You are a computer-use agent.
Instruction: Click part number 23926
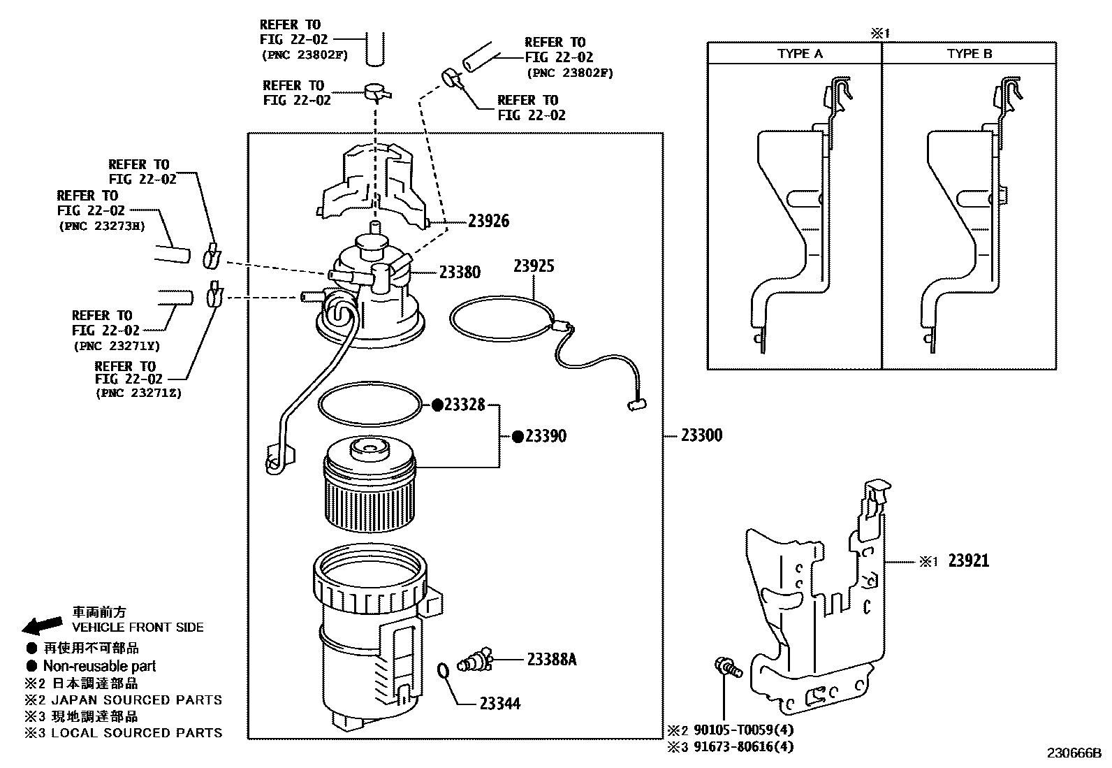(488, 221)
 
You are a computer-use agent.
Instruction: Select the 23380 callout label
(460, 272)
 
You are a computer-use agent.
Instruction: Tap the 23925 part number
(534, 266)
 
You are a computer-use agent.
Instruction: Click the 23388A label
(551, 659)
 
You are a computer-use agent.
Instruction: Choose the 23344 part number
(499, 704)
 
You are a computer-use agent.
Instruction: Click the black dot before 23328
(437, 405)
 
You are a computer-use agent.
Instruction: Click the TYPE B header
(969, 54)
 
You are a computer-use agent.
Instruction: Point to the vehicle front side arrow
(42, 624)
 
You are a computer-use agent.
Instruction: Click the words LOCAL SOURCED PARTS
(136, 733)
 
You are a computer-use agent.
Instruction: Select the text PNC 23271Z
(138, 393)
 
